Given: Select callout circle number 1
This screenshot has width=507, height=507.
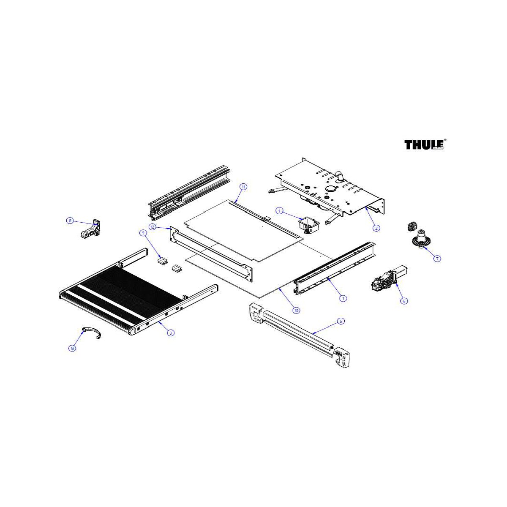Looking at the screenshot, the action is [343, 298].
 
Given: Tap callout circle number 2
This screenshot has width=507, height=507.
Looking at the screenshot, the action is [376, 228].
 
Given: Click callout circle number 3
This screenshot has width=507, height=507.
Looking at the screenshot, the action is [171, 333].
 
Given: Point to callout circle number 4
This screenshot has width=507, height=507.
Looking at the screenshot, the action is [279, 211].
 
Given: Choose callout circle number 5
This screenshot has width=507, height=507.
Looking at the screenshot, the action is [341, 321].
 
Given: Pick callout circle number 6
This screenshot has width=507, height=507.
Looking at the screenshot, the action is [404, 301].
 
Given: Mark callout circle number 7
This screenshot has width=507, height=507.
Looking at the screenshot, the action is [437, 259].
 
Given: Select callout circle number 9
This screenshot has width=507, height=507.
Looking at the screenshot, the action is [143, 232].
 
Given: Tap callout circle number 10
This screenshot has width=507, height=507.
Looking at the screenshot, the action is [297, 311].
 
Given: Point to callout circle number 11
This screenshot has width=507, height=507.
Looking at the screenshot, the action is [243, 187].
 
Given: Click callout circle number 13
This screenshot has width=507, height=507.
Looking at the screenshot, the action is [72, 348].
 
